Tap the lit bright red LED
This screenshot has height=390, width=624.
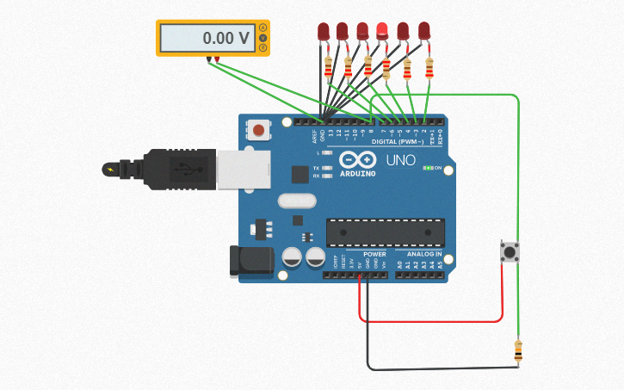(382, 32)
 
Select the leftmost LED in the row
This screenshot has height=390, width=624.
(324, 32)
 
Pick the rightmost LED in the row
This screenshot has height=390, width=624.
(423, 32)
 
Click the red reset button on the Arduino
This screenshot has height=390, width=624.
(257, 131)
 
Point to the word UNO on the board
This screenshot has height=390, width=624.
(401, 160)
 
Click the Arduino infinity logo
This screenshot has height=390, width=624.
(357, 160)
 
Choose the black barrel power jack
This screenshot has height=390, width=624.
(250, 262)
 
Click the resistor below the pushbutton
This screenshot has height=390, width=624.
(517, 350)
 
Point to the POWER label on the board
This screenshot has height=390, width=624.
(374, 254)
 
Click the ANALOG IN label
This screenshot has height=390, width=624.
(424, 254)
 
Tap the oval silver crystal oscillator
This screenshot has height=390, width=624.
(297, 201)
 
